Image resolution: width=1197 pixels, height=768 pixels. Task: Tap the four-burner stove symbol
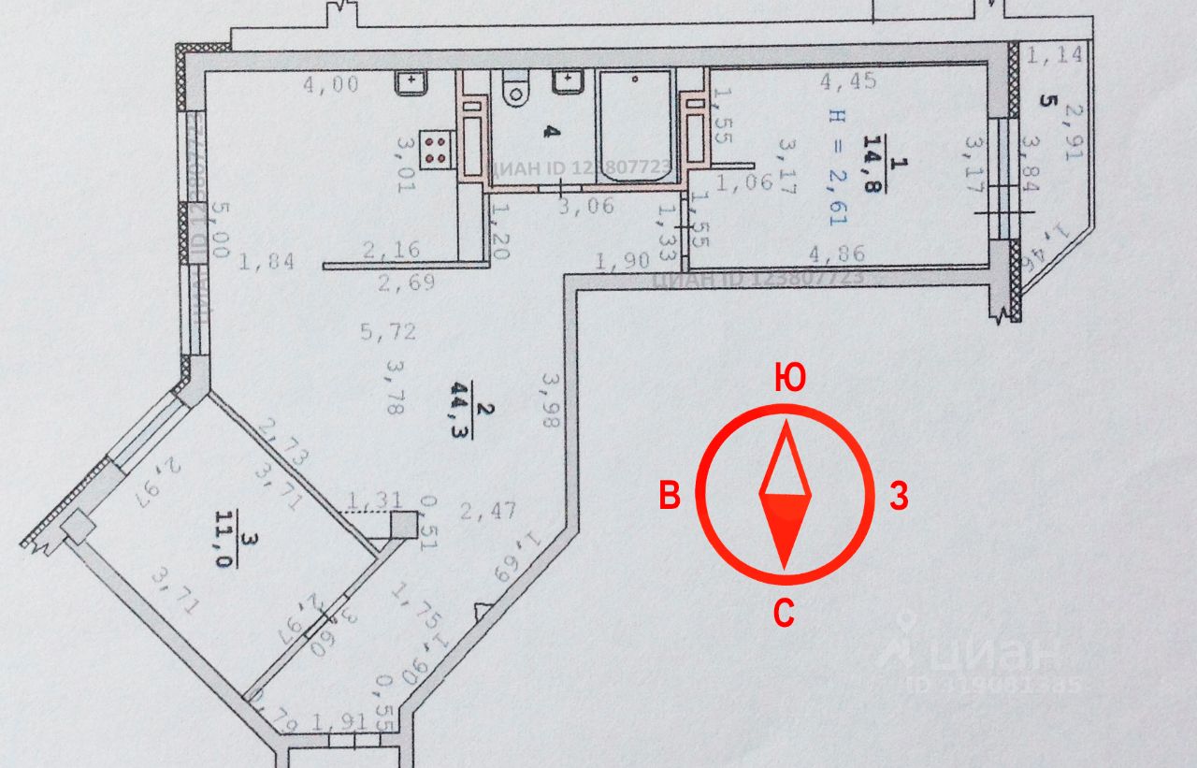[x=435, y=147]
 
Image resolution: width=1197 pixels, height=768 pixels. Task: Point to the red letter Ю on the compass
[x=790, y=379]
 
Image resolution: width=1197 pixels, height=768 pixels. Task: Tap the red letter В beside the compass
[x=670, y=497]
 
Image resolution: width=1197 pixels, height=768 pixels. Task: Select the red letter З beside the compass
[x=898, y=497]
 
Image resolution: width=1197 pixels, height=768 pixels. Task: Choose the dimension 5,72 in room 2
[x=389, y=330]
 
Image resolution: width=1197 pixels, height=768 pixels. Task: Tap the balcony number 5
[x=1046, y=99]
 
